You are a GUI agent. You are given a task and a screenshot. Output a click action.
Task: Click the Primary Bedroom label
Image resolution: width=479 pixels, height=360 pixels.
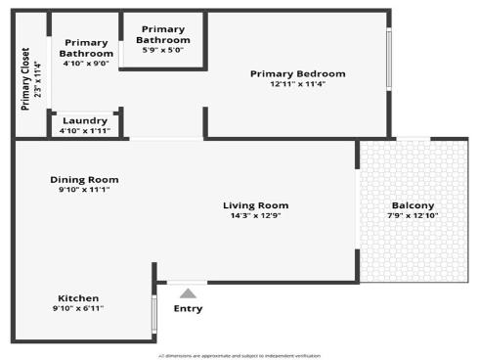[x=297, y=73]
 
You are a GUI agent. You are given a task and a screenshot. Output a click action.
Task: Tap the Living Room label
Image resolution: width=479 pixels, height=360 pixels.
[x=256, y=204]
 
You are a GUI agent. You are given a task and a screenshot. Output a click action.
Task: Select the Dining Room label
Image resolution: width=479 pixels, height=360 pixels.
[x=84, y=179]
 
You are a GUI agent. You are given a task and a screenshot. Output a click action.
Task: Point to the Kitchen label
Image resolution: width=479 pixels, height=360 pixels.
[x=78, y=297]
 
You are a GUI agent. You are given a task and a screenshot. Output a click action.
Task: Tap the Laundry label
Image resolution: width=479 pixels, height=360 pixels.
[x=84, y=120]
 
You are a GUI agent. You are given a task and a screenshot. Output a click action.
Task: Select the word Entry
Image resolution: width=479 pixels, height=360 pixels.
[x=188, y=309]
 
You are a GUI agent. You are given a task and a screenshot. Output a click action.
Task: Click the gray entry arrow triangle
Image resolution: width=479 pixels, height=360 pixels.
[x=188, y=292]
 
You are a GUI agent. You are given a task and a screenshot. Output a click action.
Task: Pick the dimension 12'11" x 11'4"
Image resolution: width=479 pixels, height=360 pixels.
[x=297, y=84]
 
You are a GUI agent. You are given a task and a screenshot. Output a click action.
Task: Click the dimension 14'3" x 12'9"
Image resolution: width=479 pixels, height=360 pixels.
[x=256, y=215]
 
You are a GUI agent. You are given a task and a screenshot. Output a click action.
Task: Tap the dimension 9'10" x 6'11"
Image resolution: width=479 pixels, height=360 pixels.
[x=78, y=308]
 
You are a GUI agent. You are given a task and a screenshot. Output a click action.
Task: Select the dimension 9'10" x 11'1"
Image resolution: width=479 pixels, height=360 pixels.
[x=84, y=190]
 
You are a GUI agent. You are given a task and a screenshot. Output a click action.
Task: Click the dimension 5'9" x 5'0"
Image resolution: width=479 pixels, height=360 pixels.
[x=163, y=50]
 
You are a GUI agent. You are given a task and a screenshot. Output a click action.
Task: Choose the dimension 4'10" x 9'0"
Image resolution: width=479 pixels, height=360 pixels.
[x=84, y=64]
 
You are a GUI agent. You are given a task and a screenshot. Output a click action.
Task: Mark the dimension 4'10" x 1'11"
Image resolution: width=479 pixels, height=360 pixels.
[x=84, y=130]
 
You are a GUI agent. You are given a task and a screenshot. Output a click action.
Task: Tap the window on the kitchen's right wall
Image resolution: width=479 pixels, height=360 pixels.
[x=154, y=314]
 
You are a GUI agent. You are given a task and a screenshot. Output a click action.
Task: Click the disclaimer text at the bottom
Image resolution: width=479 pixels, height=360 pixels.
[x=239, y=355]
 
